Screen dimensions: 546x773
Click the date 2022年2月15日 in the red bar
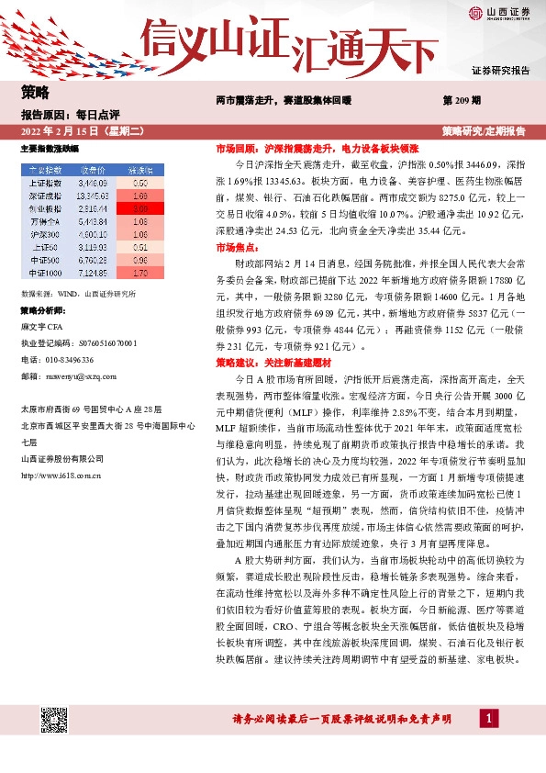tap(72, 130)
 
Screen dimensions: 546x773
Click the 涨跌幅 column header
tap(140, 171)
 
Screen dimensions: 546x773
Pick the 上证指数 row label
tap(45, 184)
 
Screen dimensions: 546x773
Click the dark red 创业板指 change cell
tap(140, 209)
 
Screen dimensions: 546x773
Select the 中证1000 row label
tap(45, 273)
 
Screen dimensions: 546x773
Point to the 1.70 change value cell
tap(140, 273)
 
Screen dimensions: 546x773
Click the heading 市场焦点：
tap(237, 248)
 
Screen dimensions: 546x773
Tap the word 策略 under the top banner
tap(36, 92)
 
